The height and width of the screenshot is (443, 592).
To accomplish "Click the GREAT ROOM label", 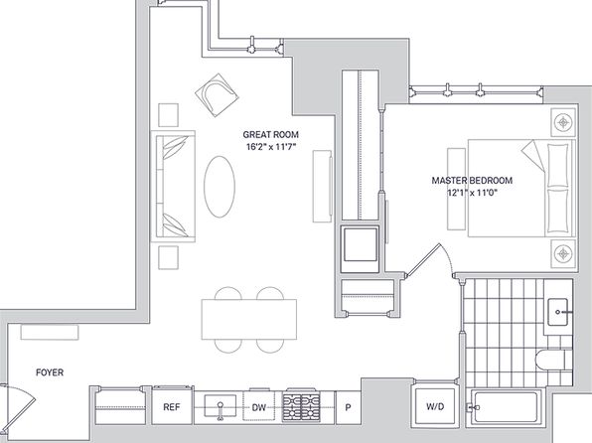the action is coord(270,134).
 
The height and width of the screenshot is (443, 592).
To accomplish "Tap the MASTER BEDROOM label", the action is coord(472,180).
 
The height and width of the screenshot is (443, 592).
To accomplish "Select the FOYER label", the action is coord(50,372).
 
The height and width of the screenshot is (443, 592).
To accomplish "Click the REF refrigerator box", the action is coord(173,406).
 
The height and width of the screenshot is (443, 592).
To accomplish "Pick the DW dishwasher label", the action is coord(258,407).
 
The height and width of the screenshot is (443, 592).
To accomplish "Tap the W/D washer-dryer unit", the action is coord(435,406).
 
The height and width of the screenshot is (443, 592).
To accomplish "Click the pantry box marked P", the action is coord(348,407).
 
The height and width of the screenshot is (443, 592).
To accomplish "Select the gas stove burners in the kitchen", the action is coord(302,407).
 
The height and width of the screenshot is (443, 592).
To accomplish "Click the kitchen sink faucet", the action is coord(221,410).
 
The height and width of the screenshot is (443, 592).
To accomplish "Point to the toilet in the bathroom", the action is coord(549,359).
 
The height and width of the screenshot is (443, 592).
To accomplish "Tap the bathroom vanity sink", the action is coord(558,312).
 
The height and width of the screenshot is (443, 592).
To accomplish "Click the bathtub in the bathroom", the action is coord(506,407).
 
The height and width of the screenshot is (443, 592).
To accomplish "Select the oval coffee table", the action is coord(220,187).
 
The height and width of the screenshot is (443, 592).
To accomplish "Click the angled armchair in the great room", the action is coord(218,95).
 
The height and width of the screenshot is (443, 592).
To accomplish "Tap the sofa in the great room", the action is coord(173,186).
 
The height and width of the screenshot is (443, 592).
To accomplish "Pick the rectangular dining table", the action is coord(249,320).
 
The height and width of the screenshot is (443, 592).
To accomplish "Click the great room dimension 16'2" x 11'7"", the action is coord(270,147).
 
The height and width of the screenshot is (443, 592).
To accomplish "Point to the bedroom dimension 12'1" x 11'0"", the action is coord(472,193).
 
